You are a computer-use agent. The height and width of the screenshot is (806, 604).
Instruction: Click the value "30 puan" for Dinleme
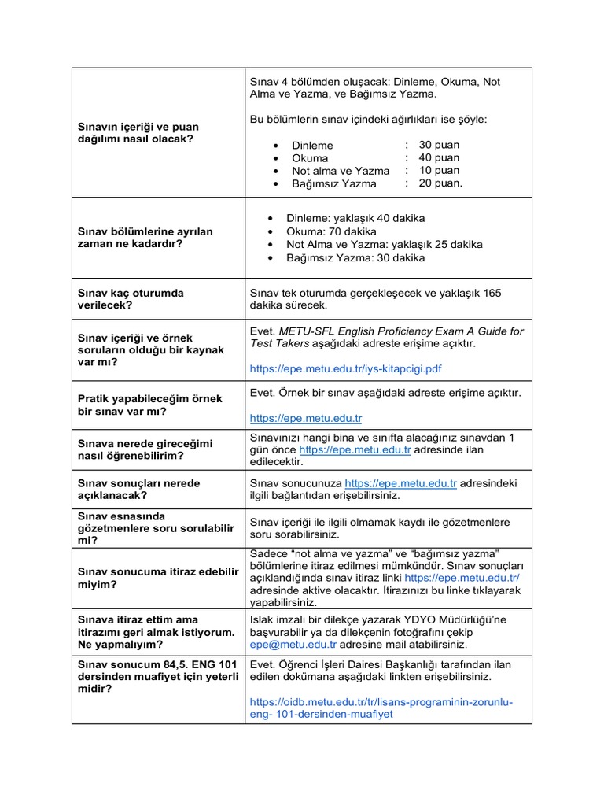439,145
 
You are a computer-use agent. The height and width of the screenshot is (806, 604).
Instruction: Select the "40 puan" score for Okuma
439,157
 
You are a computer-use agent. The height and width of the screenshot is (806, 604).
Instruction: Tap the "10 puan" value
439,170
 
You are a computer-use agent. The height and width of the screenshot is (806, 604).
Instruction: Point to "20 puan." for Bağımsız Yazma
440,183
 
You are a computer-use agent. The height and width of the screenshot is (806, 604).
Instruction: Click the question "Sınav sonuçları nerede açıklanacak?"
138,490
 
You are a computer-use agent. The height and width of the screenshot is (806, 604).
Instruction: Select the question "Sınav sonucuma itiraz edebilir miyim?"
157,578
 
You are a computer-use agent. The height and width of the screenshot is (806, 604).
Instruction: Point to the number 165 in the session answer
491,292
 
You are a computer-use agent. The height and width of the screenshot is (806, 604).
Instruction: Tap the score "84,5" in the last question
168,664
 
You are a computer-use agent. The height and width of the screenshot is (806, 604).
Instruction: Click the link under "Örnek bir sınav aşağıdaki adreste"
306,418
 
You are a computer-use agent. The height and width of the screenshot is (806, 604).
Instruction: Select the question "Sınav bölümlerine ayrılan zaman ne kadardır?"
145,238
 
